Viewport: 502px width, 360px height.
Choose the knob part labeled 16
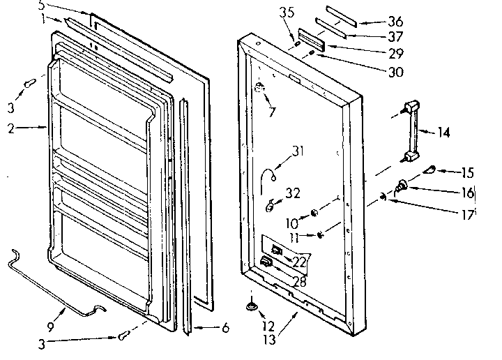point(404,186)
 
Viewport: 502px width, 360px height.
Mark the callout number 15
point(466,172)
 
